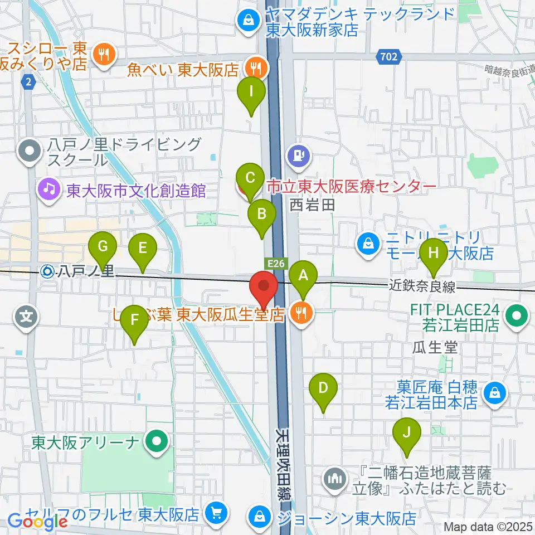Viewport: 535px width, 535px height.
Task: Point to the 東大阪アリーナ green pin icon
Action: coord(156,443)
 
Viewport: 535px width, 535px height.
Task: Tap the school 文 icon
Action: coord(26,319)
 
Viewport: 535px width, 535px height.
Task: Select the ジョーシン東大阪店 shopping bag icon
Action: coord(260,514)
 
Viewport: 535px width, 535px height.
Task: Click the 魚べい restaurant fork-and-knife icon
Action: coord(256,69)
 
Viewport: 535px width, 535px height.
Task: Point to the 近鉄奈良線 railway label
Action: coord(422,287)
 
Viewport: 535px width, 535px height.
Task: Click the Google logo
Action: coord(37,522)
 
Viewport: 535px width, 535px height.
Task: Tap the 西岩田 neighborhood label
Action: coord(311,206)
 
